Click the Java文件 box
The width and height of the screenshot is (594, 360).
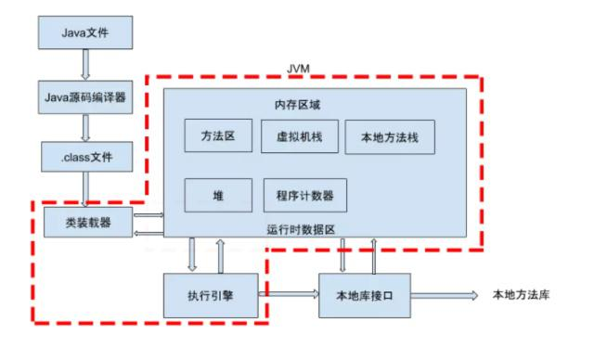(x=84, y=33)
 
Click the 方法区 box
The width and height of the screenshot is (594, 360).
(x=217, y=136)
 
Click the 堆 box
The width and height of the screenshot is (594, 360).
(x=217, y=196)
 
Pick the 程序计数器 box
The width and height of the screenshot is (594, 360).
(x=304, y=196)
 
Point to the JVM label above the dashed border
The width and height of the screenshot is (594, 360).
(x=305, y=70)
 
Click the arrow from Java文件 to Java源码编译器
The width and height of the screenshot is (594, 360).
(x=84, y=64)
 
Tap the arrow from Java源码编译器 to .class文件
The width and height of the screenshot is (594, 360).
(x=84, y=126)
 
